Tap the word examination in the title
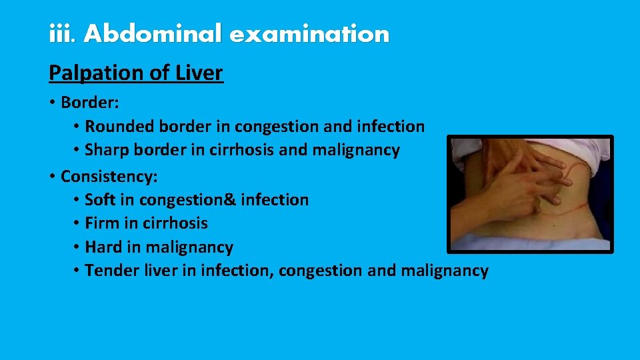pyautogui.click(x=309, y=33)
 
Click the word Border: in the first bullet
pyautogui.click(x=89, y=103)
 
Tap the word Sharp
pyautogui.click(x=107, y=150)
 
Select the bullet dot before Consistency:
pyautogui.click(x=51, y=177)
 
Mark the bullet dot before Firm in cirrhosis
pyautogui.click(x=77, y=223)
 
